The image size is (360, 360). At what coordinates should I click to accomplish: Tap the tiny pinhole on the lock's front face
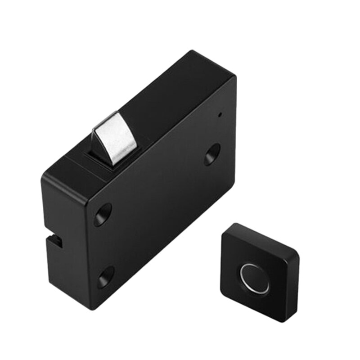point(219,113)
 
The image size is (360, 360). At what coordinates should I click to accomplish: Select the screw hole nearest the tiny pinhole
point(212,154)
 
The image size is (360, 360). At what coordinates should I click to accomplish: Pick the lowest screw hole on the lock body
point(105,277)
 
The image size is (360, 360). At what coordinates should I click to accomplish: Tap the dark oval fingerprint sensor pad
point(255,278)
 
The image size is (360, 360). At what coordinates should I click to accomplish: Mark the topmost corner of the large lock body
point(193,52)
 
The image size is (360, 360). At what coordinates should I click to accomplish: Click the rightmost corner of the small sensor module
point(298,256)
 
